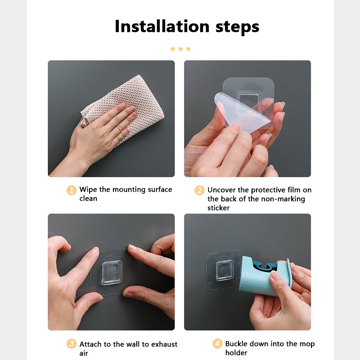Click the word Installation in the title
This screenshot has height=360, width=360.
[x=162, y=26]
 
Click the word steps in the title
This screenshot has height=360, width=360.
[x=238, y=27]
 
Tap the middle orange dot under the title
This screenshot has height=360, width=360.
[x=180, y=49]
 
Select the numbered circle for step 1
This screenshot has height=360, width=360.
[x=72, y=190]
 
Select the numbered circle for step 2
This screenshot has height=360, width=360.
[x=199, y=190]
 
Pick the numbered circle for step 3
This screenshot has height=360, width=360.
[x=72, y=344]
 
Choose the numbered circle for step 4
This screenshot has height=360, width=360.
[x=217, y=343]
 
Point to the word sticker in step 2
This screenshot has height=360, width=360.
[x=218, y=208]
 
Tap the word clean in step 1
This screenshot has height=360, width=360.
[x=88, y=198]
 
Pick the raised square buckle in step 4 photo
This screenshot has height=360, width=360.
[x=225, y=271]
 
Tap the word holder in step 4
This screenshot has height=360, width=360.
[x=236, y=353]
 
